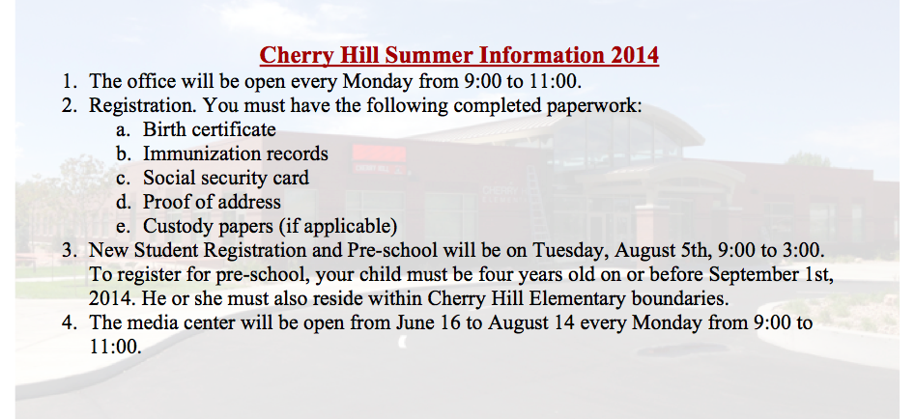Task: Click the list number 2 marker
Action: pos(69,105)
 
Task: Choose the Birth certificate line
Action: pos(210,128)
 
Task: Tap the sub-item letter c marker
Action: pos(123,178)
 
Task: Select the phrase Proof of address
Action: pos(212,202)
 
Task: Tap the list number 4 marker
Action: pos(69,322)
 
